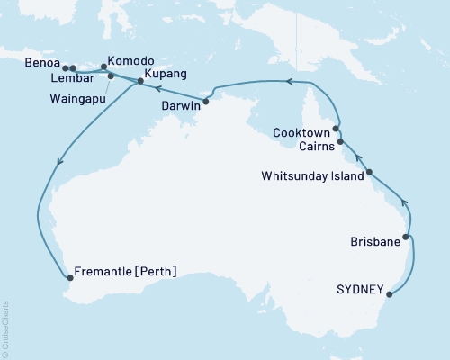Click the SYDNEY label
pyautogui.click(x=359, y=291)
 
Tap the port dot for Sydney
pyautogui.click(x=390, y=292)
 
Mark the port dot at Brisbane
pyautogui.click(x=407, y=238)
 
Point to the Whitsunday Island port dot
pyautogui.click(x=369, y=171)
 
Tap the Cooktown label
pyautogui.click(x=302, y=132)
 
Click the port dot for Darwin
pyautogui.click(x=205, y=102)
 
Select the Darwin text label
pyautogui.click(x=181, y=105)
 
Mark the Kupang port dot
pyautogui.click(x=139, y=82)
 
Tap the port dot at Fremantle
pyautogui.click(x=68, y=278)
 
